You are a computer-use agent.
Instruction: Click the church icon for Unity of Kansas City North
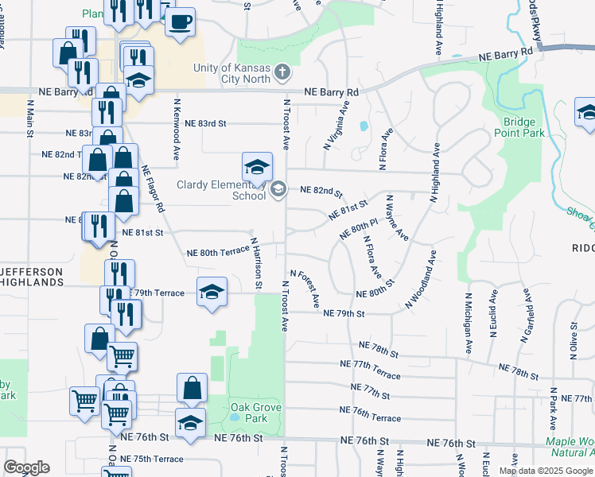[x=280, y=74]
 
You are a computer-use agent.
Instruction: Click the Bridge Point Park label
[x=524, y=127]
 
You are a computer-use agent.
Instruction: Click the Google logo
[x=26, y=467]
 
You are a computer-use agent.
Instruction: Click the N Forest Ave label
[x=305, y=289]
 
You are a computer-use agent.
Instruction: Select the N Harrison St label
[x=257, y=262]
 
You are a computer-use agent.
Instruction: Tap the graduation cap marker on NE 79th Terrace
[x=212, y=291]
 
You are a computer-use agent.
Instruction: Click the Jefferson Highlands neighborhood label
[x=32, y=277]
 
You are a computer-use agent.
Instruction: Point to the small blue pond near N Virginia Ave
[x=364, y=126]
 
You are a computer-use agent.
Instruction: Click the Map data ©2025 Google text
[x=546, y=471]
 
